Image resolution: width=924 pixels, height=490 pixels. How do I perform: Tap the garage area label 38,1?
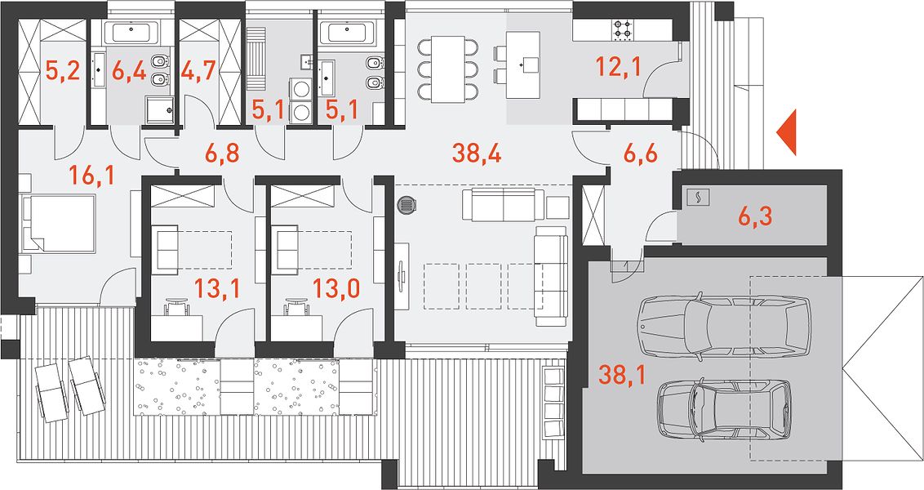coord(621,374)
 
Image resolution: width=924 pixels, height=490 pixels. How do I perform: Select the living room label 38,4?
coord(477,154)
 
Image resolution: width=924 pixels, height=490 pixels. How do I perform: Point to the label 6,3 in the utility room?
coord(755,217)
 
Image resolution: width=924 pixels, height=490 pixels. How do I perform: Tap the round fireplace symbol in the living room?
coord(406,205)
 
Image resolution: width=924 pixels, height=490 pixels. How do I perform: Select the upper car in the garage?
coord(725,324)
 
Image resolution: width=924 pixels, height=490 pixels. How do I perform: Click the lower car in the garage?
coord(725,408)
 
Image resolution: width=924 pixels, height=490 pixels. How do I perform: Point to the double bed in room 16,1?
coord(59,224)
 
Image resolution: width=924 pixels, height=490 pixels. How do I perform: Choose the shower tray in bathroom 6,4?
coord(160,109)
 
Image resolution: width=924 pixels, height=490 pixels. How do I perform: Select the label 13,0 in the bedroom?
coord(334,290)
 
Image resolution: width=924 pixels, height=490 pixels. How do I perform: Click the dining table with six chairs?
coord(448,69)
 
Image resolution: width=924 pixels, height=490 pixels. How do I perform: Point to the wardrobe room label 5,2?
coord(62,72)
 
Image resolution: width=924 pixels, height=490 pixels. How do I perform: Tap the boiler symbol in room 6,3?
coord(696,198)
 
